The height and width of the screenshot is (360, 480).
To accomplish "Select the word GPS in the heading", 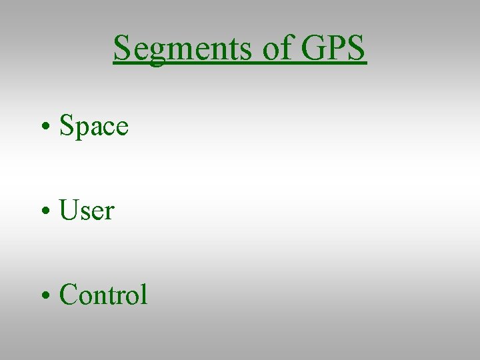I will pos(333,48).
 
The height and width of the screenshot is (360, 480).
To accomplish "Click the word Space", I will pos(94,125).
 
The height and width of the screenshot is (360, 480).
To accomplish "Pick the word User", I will pos(87,211).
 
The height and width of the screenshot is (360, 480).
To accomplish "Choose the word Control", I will pos(103,295).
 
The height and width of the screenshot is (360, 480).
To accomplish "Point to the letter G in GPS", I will pos(314,48).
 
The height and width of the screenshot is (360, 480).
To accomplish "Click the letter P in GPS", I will pos(337,48).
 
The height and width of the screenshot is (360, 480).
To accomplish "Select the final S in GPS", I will pos(355,48).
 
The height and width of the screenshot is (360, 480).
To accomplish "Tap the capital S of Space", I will pos(66,125).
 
